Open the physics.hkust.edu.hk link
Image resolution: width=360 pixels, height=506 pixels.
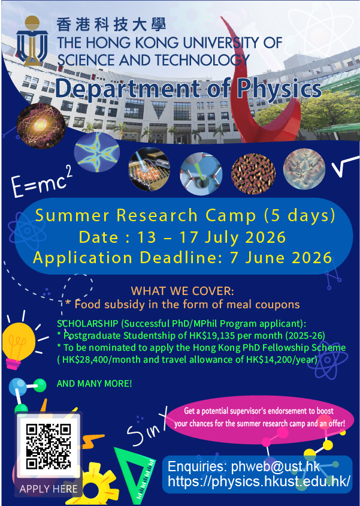coord(259,481)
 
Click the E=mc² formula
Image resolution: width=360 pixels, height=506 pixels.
coord(42,182)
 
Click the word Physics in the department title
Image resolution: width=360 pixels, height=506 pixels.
coord(281,89)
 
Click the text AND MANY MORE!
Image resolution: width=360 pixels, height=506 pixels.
coord(95,383)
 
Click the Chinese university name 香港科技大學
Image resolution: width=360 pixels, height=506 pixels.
coord(111,25)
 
